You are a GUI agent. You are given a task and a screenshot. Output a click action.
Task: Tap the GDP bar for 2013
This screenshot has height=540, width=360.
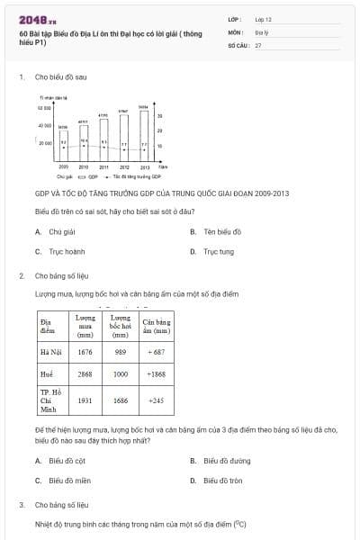click(x=144, y=136)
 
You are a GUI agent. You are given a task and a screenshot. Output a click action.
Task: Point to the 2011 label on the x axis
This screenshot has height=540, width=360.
click(x=103, y=167)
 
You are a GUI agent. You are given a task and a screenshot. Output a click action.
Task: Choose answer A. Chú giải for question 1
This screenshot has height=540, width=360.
click(x=53, y=231)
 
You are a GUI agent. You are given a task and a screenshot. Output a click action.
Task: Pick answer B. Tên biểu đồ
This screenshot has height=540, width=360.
click(x=216, y=231)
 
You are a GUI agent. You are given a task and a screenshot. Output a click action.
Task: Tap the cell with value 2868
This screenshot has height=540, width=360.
click(x=85, y=373)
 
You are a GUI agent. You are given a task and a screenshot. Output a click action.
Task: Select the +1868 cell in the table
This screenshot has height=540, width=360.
click(x=156, y=373)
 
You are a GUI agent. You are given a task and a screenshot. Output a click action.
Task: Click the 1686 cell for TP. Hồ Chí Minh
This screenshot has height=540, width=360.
click(x=120, y=400)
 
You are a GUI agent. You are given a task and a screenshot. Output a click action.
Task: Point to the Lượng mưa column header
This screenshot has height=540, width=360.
click(x=85, y=325)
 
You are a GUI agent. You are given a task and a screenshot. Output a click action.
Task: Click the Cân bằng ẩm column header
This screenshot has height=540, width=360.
click(x=156, y=325)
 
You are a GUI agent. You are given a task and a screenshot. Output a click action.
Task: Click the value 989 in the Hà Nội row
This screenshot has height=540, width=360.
click(x=120, y=352)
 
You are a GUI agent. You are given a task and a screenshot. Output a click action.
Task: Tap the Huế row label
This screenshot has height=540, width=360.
click(x=47, y=373)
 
